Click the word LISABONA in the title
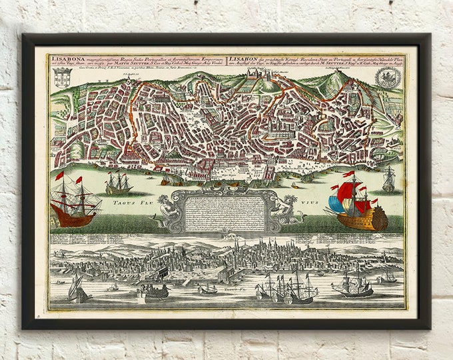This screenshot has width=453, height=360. (65, 58)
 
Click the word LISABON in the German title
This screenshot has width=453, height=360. (240, 58)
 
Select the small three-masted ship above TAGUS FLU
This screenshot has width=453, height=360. (118, 182)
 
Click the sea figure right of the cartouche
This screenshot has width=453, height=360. (290, 210)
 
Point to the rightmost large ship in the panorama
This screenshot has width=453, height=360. (352, 285)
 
